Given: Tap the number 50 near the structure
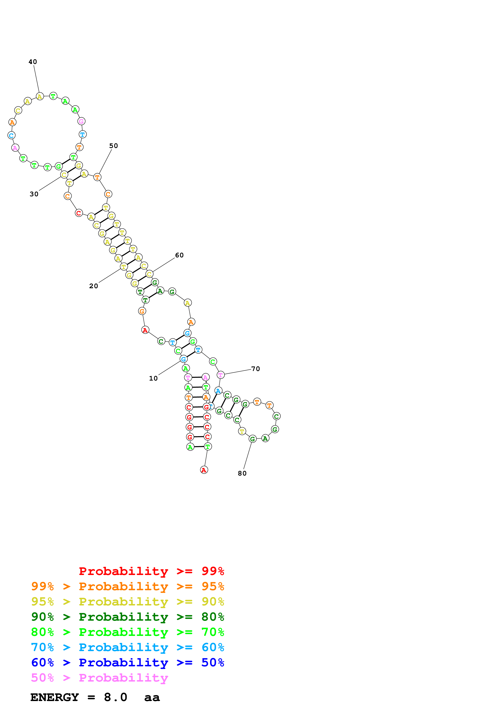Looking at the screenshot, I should [113, 146].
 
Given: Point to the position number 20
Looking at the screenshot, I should [93, 286].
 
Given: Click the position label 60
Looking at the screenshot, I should [179, 255].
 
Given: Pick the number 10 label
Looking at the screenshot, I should [153, 378].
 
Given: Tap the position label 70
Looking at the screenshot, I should [255, 369].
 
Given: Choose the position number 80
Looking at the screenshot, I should [242, 473].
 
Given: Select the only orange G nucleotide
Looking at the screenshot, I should [142, 311].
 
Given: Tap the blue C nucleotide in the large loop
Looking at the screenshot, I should [12, 135].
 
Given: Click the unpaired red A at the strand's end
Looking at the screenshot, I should [204, 470].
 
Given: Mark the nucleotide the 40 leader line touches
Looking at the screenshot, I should [40, 96].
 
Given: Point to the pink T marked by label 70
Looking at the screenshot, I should [220, 375].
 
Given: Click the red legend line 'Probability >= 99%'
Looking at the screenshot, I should [151, 571].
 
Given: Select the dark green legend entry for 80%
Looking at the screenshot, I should [127, 617].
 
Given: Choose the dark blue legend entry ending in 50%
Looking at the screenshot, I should [127, 662].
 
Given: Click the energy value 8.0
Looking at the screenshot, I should [115, 697].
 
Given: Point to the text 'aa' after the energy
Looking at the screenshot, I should [152, 697].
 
